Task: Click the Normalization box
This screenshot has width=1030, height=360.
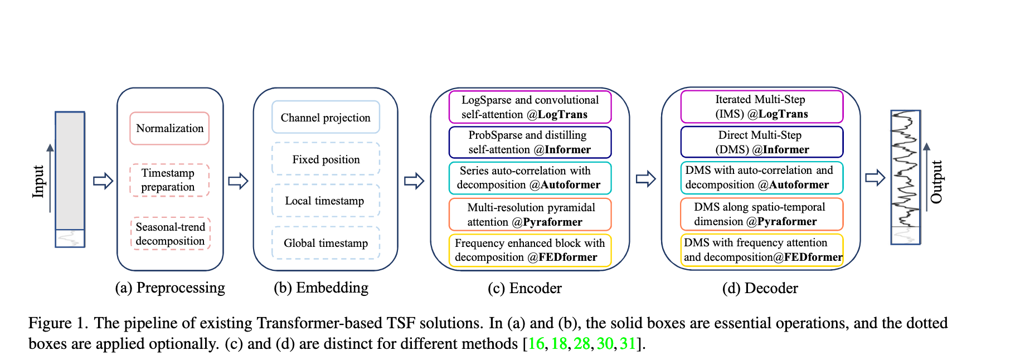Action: [169, 129]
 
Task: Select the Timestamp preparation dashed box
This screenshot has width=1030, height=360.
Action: [169, 180]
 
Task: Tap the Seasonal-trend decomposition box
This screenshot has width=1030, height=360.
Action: [171, 233]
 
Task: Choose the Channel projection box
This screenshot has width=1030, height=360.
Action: [325, 118]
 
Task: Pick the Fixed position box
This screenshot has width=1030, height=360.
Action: [325, 159]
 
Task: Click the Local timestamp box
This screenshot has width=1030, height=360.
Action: [325, 201]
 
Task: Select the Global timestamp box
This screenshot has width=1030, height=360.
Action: [325, 243]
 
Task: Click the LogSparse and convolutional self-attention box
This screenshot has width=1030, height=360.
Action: [529, 107]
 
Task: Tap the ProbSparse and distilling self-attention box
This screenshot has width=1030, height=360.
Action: [529, 143]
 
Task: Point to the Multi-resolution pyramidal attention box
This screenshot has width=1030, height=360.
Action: [529, 215]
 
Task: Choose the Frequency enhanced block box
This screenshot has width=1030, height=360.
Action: [529, 250]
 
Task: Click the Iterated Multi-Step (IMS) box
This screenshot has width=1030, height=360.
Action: [761, 107]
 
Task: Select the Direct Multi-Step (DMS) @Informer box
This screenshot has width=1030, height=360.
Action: [761, 143]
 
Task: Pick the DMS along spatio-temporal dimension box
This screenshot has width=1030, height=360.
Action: [761, 215]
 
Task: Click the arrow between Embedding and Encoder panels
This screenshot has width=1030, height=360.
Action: [414, 181]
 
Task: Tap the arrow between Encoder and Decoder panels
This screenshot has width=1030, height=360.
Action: [645, 179]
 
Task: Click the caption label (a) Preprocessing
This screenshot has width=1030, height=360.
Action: [170, 288]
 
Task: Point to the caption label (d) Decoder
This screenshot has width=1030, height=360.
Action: [760, 288]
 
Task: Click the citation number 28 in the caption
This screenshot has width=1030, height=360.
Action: [581, 344]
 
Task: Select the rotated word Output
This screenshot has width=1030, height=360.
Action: [936, 182]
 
